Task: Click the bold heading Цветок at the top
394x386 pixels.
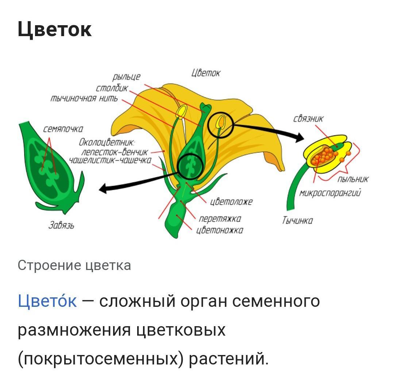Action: pos(55,30)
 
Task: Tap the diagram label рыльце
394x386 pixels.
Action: pos(126,77)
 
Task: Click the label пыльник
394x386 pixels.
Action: pos(353,179)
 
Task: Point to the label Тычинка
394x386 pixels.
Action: pos(297,220)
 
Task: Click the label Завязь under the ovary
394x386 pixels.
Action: pos(62,226)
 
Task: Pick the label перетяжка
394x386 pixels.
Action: pos(220,219)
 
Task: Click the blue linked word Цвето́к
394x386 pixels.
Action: pos(47,301)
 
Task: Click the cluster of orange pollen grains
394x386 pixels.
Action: pos(323,155)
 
